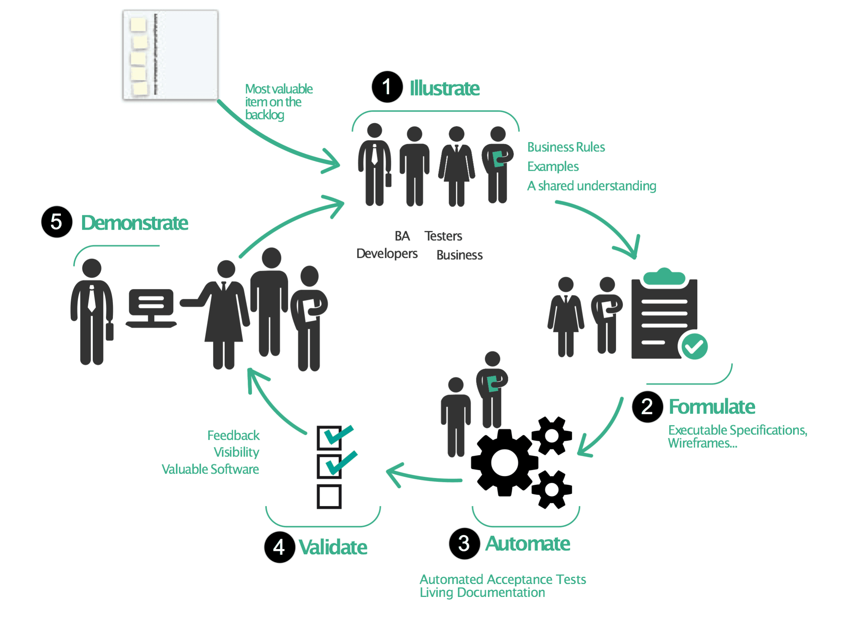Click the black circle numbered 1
click(387, 87)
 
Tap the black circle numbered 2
click(647, 407)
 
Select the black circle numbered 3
click(464, 543)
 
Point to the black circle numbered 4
click(279, 547)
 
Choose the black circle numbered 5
click(57, 222)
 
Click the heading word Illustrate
click(444, 88)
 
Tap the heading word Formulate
click(712, 407)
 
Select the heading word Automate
click(528, 544)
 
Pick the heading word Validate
click(333, 547)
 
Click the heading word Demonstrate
click(135, 223)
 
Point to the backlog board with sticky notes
click(170, 55)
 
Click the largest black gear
click(504, 463)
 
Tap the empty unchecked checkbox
click(329, 496)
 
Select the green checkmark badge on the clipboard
click(694, 346)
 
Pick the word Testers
click(443, 236)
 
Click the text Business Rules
click(566, 147)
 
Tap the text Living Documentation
click(482, 592)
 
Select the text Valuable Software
click(210, 469)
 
